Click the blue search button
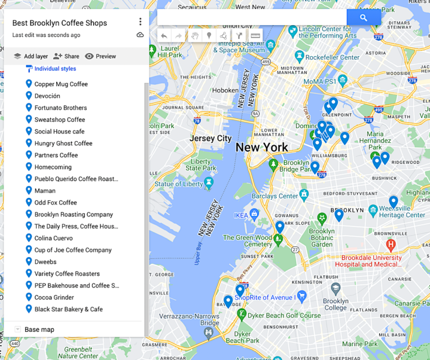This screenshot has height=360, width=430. pos(363,18)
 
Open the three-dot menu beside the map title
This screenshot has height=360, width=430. pos(140,22)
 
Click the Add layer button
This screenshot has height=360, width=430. pos(31,56)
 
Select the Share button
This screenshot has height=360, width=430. pos(66,56)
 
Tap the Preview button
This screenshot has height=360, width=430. pos(100,56)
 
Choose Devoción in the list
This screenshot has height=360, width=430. pos(47,96)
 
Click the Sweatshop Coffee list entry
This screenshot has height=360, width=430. pos(59,119)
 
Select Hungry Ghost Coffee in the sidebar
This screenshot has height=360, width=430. pos(63,143)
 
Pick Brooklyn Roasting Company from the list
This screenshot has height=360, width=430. pos(73,214)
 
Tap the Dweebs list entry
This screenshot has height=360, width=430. pos(45,262)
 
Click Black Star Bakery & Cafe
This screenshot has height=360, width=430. pos(68,309)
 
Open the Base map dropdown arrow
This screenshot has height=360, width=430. pos(18,330)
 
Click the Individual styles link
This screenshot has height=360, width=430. pos(55,69)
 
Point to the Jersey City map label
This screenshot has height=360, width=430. pos(211,138)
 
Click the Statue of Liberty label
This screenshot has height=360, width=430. pos(178,184)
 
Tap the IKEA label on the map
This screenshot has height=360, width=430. pos(241,215)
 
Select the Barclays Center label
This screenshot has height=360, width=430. pos(276,196)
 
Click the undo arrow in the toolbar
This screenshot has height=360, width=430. pos(164,36)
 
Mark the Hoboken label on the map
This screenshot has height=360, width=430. pos(225,90)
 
